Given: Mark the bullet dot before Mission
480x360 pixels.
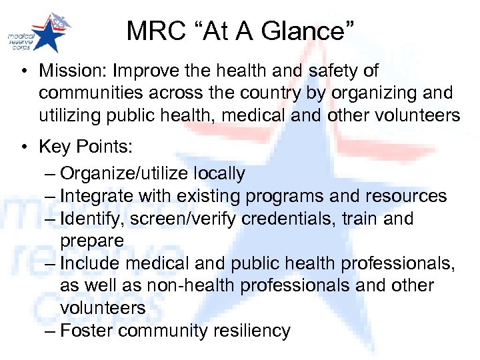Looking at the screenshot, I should coord(24,70).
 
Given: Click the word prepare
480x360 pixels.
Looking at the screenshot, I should coord(92,241).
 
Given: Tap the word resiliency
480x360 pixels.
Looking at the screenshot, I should coord(250,331).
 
